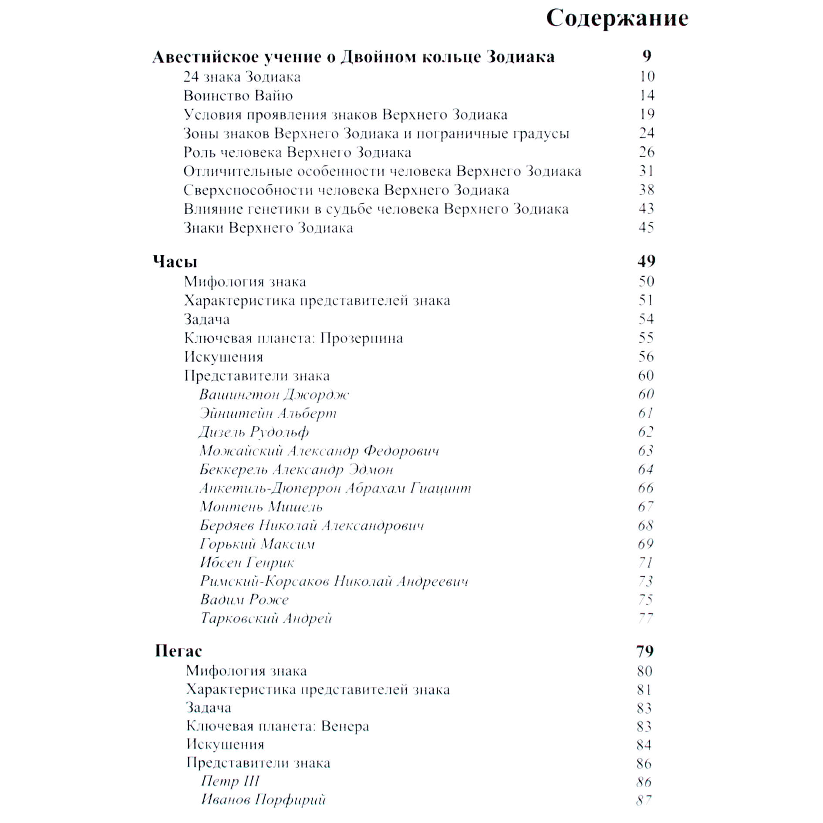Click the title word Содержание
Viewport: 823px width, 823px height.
617,19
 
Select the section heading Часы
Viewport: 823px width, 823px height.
175,261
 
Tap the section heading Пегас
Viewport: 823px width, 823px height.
179,651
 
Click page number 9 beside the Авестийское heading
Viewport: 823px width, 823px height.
647,56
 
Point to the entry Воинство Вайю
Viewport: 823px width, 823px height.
238,95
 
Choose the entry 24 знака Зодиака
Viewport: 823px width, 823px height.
242,77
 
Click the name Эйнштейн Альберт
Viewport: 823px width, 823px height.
268,413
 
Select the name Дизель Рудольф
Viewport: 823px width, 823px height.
253,432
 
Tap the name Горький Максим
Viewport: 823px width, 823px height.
257,544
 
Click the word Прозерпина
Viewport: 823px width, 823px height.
361,338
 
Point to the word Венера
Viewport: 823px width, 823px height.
345,726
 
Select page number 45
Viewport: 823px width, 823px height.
646,227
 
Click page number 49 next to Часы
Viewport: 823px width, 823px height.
646,261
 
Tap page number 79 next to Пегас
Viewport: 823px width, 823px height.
645,651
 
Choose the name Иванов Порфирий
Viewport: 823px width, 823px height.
263,799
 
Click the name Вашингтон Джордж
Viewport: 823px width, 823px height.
274,395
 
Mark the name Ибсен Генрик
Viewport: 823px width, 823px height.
247,563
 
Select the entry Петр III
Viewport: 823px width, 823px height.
230,781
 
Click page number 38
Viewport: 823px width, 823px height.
646,189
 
